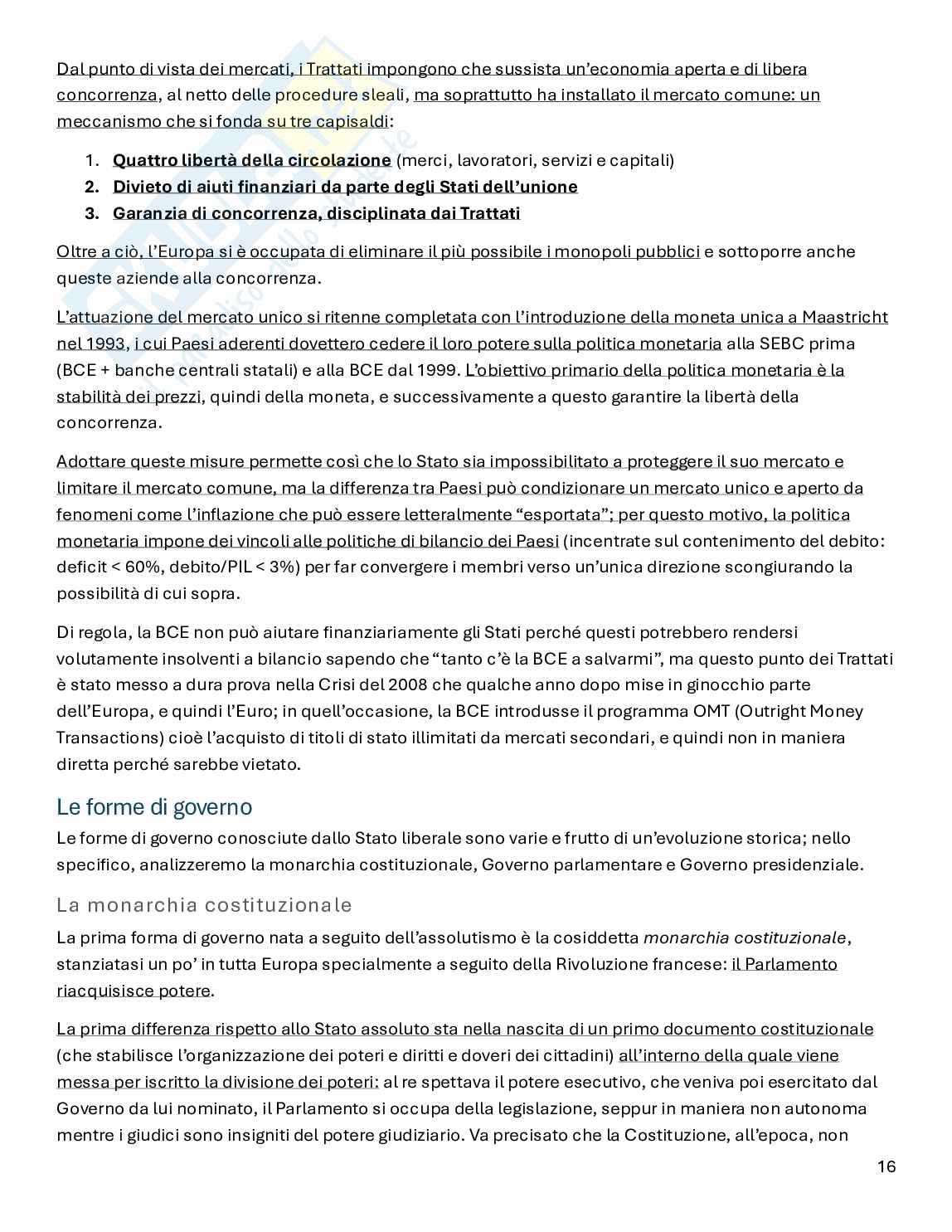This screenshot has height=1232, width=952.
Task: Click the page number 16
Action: coord(886,1166)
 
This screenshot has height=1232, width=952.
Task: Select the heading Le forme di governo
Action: coord(154,806)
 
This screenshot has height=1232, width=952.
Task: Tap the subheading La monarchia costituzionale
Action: coord(204,904)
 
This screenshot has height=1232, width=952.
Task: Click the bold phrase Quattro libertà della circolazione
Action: coord(251,160)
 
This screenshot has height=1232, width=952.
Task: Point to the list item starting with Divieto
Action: coord(345,187)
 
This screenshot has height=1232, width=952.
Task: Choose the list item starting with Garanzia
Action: coord(316,213)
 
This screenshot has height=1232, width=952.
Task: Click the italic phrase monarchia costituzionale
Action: coord(746,937)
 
